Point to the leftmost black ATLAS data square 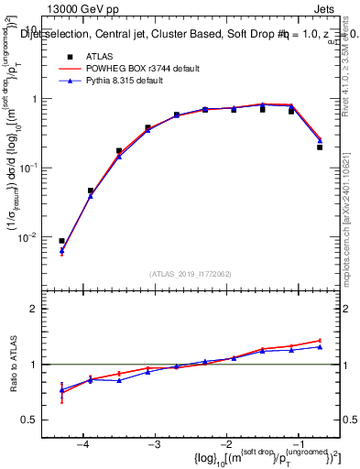point(61,241)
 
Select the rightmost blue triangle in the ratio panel point(319,346)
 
